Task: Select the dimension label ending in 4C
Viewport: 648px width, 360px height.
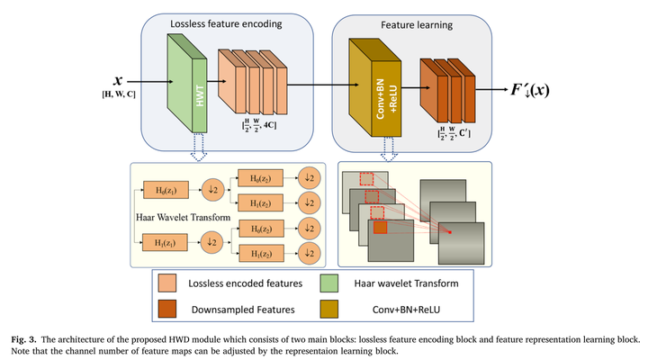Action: tap(256, 139)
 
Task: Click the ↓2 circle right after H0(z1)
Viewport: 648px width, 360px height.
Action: tap(214, 191)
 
